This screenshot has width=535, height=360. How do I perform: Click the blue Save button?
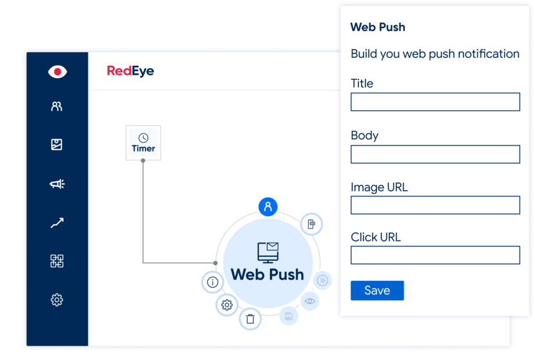click(377, 290)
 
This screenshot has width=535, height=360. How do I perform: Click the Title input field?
click(435, 102)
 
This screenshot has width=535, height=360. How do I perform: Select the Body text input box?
click(435, 154)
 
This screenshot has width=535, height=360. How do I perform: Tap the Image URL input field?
click(435, 205)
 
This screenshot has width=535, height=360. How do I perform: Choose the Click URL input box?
click(435, 255)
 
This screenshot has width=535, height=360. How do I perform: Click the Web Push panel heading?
click(378, 27)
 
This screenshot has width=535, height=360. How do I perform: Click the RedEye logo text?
click(130, 71)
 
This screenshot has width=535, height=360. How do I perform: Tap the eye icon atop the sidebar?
click(57, 71)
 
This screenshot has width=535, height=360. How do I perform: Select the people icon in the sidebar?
click(57, 106)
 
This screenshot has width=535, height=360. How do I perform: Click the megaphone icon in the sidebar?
click(57, 184)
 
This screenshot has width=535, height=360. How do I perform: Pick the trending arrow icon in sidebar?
click(57, 223)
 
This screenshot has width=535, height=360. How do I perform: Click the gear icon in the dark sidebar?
click(57, 299)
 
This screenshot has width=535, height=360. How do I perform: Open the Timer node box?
click(143, 143)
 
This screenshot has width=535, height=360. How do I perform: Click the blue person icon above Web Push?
click(267, 207)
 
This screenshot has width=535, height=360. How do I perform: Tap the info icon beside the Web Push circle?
click(213, 282)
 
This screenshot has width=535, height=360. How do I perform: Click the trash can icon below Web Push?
click(250, 319)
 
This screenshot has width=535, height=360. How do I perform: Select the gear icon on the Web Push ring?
click(227, 305)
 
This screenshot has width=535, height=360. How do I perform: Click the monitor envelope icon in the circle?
click(267, 252)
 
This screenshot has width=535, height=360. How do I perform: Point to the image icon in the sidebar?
click(57, 145)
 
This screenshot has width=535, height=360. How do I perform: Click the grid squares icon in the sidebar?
click(57, 261)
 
